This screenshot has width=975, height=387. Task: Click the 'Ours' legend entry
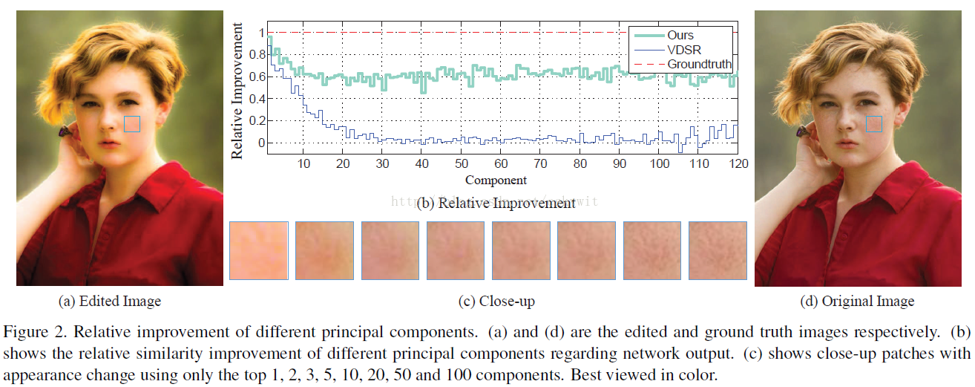tap(680, 35)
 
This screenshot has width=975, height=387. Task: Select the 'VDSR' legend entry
tap(683, 49)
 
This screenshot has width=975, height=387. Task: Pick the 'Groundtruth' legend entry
tap(698, 64)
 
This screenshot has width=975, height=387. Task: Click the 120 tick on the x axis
tap(737, 163)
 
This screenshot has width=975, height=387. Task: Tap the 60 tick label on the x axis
tap(501, 163)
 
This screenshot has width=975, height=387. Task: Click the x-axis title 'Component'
tap(496, 180)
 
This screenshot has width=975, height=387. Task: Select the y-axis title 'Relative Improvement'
tap(237, 91)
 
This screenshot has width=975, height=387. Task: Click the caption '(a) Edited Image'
tap(109, 301)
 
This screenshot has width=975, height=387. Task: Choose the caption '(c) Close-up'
tap(496, 301)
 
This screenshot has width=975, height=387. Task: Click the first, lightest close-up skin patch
tap(259, 250)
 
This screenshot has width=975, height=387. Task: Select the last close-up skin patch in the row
tap(718, 250)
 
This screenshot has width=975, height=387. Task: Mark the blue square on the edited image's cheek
tap(131, 124)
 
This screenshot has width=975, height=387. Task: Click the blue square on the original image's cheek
tap(874, 124)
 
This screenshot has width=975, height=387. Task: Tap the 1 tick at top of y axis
tap(260, 33)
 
